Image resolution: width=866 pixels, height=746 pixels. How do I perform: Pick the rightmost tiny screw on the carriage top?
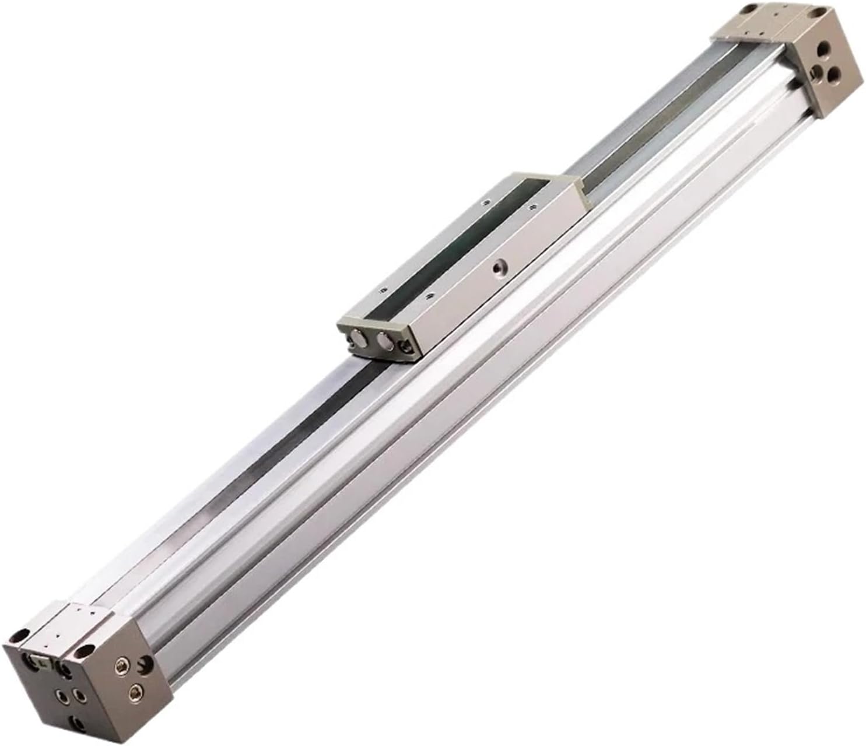(532, 206)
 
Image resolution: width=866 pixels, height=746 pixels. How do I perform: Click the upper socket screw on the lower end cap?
(122, 666)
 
